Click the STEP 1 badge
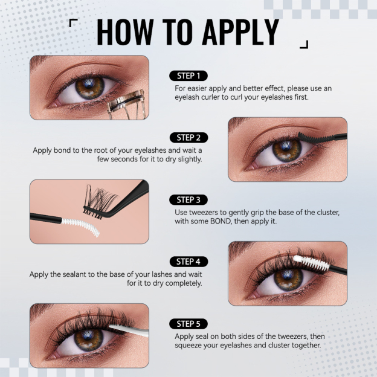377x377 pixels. (x=188, y=76)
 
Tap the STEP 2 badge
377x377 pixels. (x=188, y=137)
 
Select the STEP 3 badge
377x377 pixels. (x=188, y=199)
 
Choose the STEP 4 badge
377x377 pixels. (x=188, y=262)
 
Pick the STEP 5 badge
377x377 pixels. (x=188, y=323)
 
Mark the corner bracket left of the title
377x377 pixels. (x=72, y=23)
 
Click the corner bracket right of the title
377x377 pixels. (x=304, y=44)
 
